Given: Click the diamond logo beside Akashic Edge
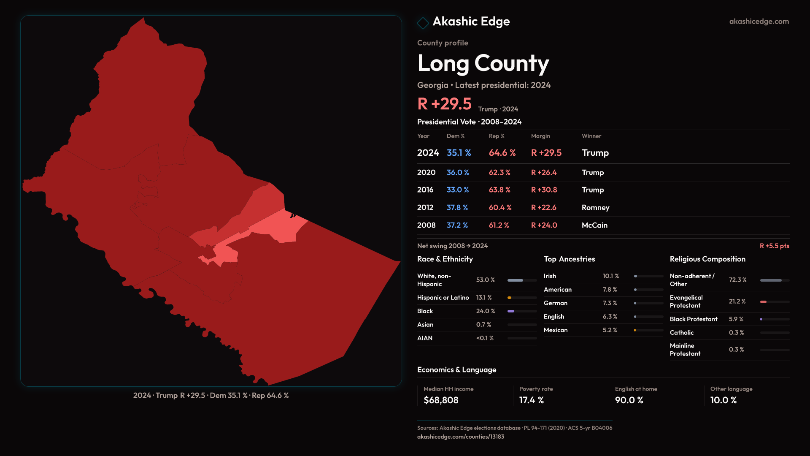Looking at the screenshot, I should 423,23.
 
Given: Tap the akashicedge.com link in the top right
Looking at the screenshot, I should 759,22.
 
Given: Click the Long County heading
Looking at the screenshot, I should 483,63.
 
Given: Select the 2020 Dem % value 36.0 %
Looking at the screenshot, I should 458,173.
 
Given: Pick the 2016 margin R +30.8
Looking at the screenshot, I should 544,190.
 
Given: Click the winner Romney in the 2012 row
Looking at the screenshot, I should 595,208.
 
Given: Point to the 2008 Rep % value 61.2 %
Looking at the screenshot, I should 499,225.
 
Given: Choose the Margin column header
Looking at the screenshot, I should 540,136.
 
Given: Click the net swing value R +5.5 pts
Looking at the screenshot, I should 774,246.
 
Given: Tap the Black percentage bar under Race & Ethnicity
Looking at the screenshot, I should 522,311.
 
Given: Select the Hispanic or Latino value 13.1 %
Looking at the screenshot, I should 484,298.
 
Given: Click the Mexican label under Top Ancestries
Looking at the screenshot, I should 556,330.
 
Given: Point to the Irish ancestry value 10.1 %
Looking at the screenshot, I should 610,276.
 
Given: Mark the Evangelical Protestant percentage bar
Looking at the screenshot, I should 775,302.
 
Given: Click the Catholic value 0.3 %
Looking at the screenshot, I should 736,333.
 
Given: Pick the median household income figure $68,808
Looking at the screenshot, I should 441,400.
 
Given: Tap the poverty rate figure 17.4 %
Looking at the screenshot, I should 532,400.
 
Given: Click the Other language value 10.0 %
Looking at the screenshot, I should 724,400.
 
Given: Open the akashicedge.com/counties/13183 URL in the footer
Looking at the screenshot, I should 461,437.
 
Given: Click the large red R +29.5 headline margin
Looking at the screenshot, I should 445,104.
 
